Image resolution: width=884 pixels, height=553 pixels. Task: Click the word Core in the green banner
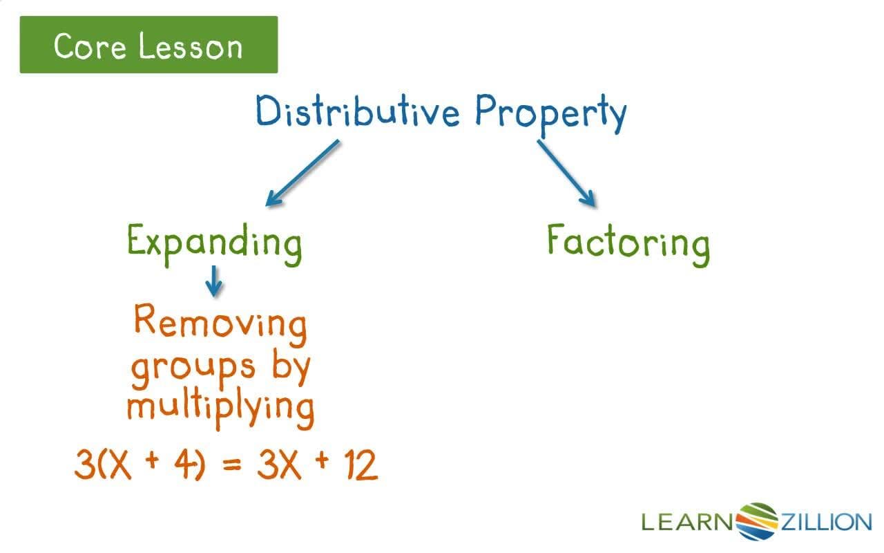click(88, 46)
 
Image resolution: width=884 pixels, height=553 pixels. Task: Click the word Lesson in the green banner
click(191, 46)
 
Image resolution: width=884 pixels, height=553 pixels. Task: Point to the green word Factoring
click(628, 243)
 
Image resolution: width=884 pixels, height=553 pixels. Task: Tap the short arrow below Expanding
click(215, 281)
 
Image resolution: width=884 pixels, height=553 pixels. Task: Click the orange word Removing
click(220, 322)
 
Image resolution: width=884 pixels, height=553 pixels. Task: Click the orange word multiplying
click(220, 406)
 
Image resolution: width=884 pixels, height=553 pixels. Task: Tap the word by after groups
click(291, 366)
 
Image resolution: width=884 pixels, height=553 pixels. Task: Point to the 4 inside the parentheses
click(182, 466)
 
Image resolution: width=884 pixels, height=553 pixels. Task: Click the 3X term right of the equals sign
click(277, 466)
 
